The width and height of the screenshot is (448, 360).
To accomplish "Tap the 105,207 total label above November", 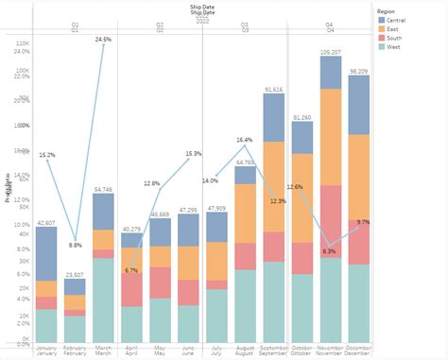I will pos(331,52).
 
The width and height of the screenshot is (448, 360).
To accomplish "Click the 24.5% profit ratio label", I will pos(103,40).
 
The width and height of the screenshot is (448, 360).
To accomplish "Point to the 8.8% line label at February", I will pos(76,246).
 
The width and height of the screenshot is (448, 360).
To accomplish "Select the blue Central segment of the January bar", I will pos(46,253).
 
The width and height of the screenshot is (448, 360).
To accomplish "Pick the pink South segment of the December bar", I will pos(358,241).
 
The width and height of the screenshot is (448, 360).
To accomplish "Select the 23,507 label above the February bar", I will pos(75,275).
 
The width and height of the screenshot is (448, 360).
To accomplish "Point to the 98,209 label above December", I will pos(358,71).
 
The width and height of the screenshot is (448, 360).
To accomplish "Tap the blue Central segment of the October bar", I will pos(302,138).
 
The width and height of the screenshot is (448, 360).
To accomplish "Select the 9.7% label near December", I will pos(364,222).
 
